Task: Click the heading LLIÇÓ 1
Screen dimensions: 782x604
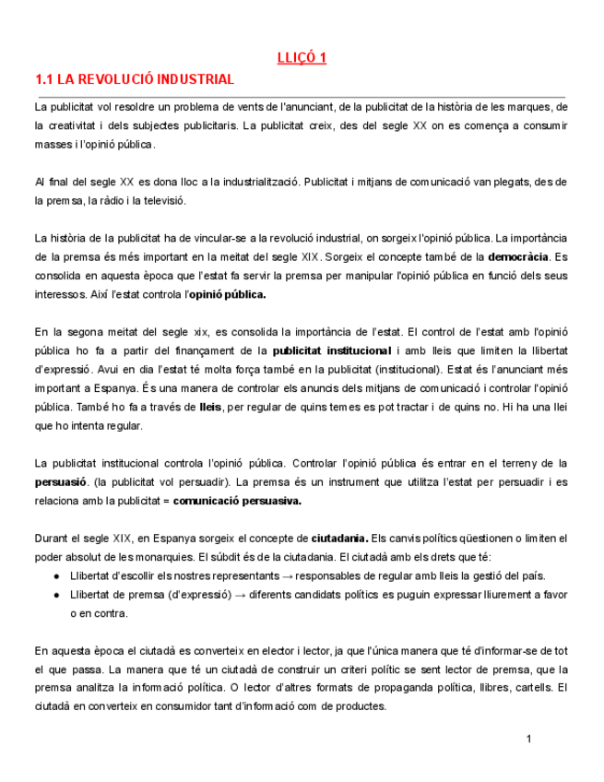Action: pyautogui.click(x=302, y=58)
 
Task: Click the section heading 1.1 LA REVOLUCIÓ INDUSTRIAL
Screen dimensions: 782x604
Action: pyautogui.click(x=135, y=79)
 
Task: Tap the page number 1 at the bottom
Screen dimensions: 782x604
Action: pyautogui.click(x=529, y=739)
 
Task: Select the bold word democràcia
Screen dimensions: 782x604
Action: pyautogui.click(x=518, y=255)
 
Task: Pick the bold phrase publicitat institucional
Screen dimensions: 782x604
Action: pyautogui.click(x=332, y=350)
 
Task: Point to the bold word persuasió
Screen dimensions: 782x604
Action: pyautogui.click(x=61, y=482)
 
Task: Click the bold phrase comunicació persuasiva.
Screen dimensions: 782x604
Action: pyautogui.click(x=237, y=502)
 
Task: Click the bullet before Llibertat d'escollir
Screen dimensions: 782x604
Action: pyautogui.click(x=58, y=576)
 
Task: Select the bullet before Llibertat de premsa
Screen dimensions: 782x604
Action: pyautogui.click(x=58, y=595)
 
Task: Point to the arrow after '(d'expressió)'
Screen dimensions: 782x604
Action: pyautogui.click(x=240, y=595)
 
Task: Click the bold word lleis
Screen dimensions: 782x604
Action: pyautogui.click(x=210, y=407)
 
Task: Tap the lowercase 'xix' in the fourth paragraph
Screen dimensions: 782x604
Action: pyautogui.click(x=198, y=332)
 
